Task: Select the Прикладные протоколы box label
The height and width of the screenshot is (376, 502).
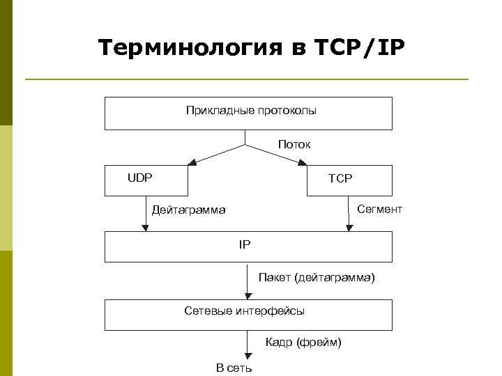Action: tap(251, 110)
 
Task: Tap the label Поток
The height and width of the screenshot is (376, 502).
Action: tap(294, 144)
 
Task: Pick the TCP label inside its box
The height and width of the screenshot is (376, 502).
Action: tap(340, 178)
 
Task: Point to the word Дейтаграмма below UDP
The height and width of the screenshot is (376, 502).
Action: tap(189, 210)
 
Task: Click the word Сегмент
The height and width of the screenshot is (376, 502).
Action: tap(379, 209)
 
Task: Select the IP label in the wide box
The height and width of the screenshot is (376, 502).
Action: tap(244, 244)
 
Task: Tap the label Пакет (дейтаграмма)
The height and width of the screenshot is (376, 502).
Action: tap(317, 278)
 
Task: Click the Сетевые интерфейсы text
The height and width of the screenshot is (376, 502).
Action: tap(244, 311)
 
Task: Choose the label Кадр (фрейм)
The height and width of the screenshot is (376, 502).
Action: tap(303, 342)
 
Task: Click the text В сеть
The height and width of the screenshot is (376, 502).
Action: tap(234, 367)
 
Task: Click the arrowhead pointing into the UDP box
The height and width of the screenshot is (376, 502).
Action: tap(192, 163)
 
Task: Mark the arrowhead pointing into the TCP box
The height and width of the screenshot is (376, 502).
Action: tap(303, 163)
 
